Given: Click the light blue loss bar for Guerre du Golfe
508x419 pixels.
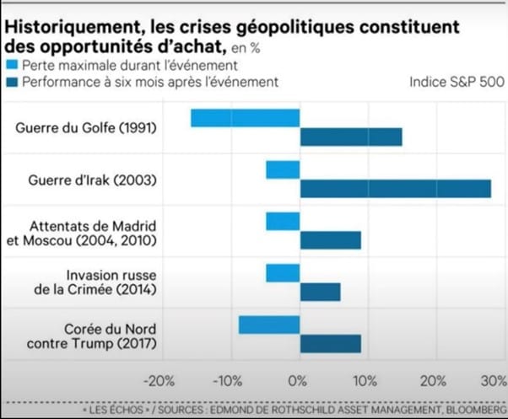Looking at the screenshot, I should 246,118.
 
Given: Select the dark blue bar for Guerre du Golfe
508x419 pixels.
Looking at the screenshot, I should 351,137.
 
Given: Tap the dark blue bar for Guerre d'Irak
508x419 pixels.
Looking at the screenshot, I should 395,188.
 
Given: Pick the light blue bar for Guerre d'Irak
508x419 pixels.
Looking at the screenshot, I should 283,169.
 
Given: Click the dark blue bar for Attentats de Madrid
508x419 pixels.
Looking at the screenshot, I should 330,240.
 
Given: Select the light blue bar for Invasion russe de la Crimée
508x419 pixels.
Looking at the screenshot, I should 283,273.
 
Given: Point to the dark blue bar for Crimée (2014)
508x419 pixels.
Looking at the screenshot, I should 320,292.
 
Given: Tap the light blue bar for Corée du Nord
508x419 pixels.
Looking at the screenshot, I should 269,325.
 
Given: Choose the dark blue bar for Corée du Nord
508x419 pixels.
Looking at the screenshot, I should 330,344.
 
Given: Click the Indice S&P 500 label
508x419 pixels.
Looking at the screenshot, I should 457,83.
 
